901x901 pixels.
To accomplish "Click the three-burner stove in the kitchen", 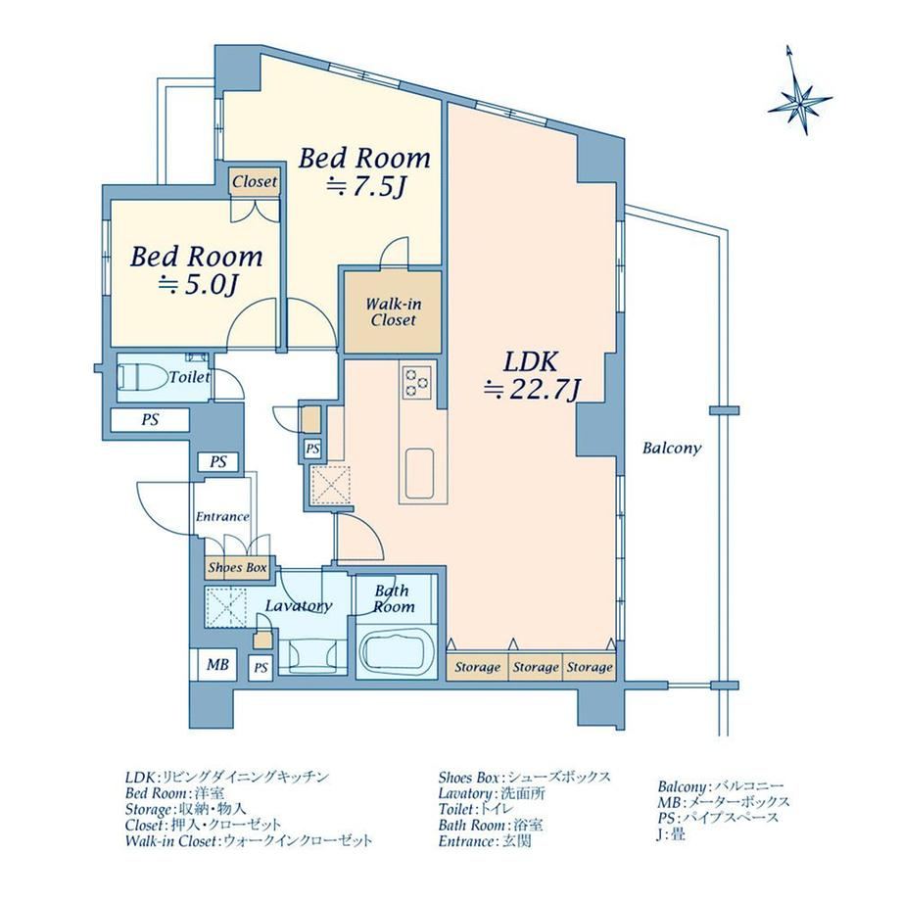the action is [416, 382].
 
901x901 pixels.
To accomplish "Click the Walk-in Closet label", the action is [393, 311].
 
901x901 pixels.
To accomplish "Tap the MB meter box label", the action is [217, 665].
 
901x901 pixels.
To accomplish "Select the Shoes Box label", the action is [237, 568].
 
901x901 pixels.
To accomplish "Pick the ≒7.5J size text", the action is [366, 186].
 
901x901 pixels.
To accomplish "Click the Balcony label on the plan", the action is [672, 449].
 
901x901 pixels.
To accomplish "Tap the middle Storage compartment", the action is [536, 667].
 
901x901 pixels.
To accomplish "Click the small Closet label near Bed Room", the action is [255, 181].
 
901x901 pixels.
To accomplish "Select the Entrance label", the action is [222, 516].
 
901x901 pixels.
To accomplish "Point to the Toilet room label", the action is [189, 377].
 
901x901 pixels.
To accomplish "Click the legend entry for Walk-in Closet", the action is [249, 840].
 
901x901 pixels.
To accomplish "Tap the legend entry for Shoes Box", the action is [524, 778].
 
